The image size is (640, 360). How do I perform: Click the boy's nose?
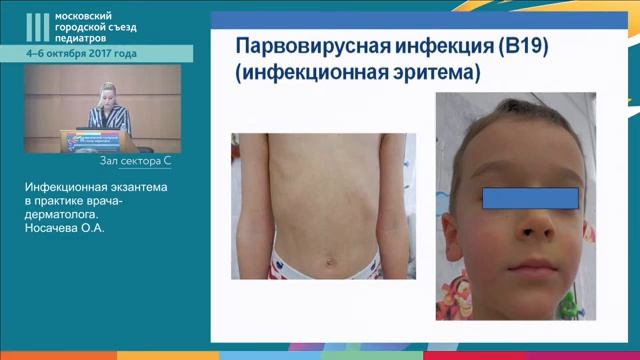coord(530,223)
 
